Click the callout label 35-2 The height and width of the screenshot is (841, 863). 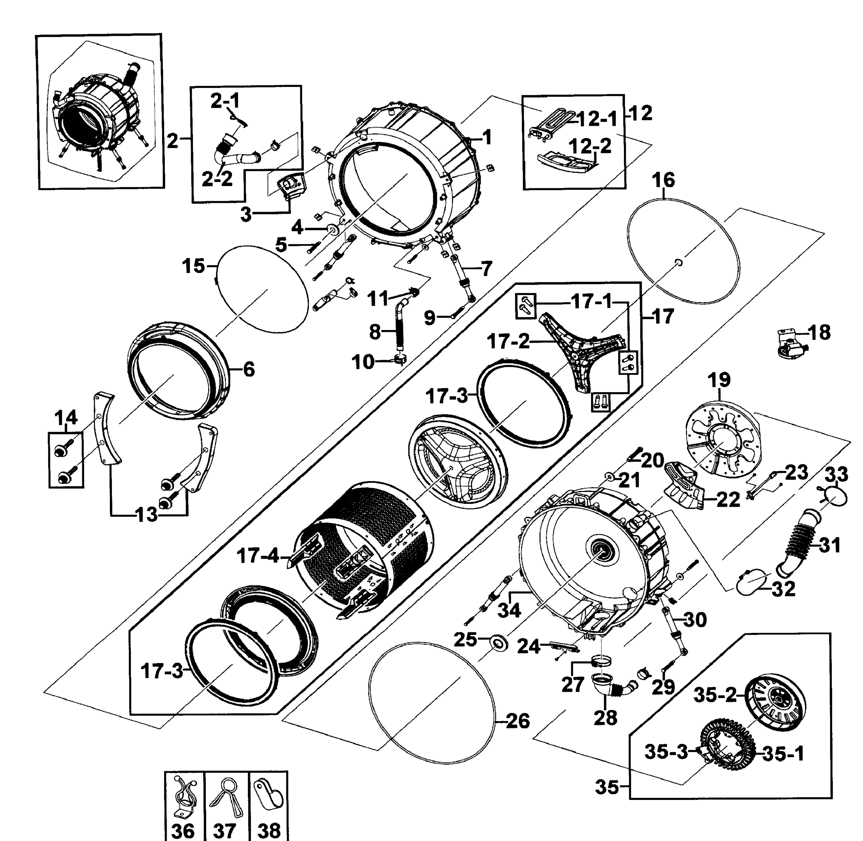click(715, 695)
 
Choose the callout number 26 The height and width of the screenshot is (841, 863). click(517, 721)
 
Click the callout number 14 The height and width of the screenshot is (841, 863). click(66, 417)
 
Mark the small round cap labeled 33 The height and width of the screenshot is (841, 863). click(835, 497)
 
